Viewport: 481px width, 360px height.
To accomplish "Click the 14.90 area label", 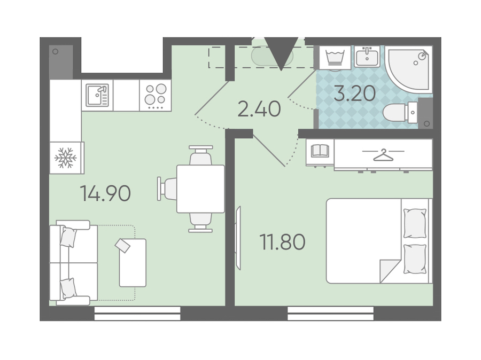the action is (105, 193).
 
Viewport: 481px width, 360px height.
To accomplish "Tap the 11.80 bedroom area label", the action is (283, 242).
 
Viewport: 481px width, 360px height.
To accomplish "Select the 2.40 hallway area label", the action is (259, 109).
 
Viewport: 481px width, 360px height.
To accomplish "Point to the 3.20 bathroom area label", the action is (355, 93).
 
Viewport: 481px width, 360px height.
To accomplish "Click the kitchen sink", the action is (97, 95).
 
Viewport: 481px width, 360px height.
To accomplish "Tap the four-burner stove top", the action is (156, 96).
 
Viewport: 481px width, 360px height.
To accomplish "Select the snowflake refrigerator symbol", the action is (65, 158).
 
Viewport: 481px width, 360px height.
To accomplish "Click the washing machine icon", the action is (335, 58).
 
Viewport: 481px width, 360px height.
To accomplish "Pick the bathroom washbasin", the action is (367, 57).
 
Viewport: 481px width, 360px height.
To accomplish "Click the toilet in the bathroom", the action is (400, 113).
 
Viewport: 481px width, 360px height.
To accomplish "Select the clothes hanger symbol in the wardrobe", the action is (383, 154).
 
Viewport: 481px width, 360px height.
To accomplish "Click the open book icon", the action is (320, 151).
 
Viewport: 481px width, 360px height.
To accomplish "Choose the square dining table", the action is (200, 189).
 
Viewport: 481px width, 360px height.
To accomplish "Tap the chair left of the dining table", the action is (167, 189).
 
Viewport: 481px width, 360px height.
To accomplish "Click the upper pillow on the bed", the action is (415, 223).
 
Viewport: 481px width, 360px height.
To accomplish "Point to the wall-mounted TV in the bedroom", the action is (238, 238).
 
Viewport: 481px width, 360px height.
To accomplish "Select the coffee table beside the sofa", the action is (133, 263).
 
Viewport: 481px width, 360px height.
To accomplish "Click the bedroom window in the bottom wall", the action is (331, 313).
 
